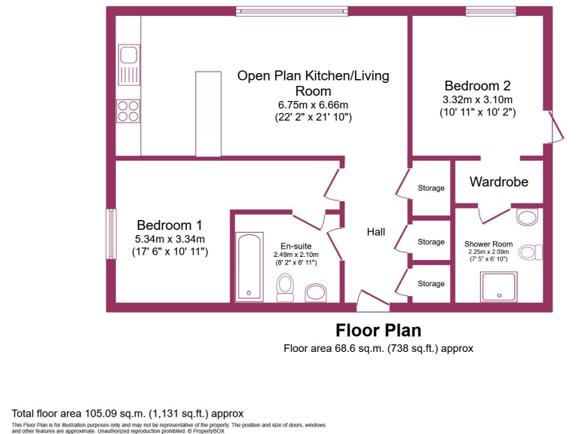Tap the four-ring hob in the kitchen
click(x=127, y=111)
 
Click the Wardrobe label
click(x=499, y=182)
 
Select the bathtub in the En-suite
click(x=248, y=267)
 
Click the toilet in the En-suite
click(x=285, y=286)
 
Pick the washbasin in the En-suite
click(x=314, y=292)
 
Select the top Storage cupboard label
click(x=431, y=188)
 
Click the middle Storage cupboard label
click(x=431, y=242)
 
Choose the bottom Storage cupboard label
click(x=431, y=283)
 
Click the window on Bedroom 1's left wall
click(x=111, y=234)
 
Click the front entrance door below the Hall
click(x=373, y=304)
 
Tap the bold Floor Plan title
click(x=378, y=330)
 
